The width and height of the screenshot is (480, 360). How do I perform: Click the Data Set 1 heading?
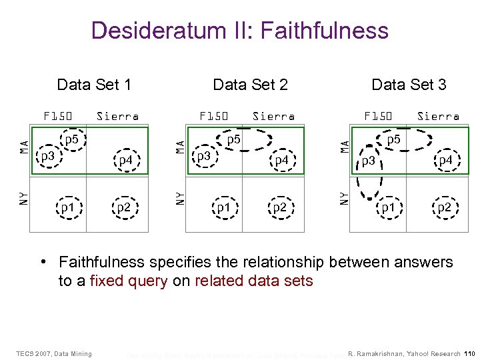94,85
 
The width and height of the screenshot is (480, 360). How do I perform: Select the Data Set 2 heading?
250,85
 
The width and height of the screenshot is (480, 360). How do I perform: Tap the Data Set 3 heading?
409,85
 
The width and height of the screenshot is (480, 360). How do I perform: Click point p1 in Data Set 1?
67,207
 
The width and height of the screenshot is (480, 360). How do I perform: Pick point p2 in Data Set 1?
123,207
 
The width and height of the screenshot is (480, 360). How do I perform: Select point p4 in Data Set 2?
281,160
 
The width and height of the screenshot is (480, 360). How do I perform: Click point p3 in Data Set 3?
368,160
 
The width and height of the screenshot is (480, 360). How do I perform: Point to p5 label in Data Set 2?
234,140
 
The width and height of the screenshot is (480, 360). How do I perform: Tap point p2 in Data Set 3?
443,207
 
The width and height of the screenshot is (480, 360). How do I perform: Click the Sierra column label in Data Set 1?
117,116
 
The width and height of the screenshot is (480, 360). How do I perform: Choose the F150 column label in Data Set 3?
378,116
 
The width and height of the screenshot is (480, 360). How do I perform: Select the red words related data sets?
253,281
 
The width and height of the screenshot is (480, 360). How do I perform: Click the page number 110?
469,353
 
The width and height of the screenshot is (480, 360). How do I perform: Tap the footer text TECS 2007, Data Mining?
54,353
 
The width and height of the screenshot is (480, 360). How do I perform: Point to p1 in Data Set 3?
387,207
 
